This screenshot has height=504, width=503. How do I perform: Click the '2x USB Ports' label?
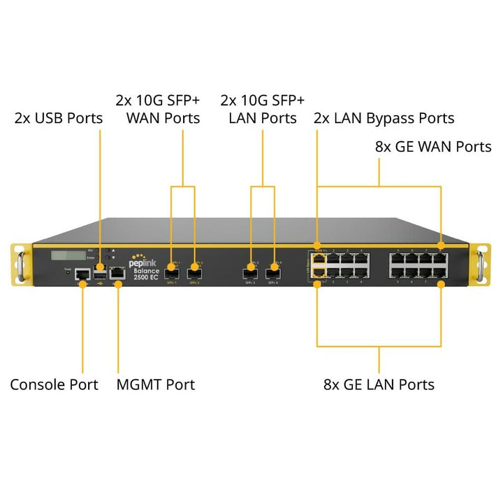click(x=59, y=118)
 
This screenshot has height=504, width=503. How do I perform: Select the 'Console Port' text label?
click(x=54, y=384)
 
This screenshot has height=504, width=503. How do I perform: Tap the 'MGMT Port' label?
click(x=155, y=384)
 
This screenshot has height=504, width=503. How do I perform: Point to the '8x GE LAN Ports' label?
click(x=379, y=384)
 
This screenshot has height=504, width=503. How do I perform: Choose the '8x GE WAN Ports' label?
click(x=433, y=147)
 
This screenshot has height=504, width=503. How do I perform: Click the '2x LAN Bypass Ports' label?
click(x=384, y=118)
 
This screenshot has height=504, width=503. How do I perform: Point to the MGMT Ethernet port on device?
click(x=117, y=273)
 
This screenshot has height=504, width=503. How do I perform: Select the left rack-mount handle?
click(x=20, y=264)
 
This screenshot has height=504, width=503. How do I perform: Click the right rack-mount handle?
click(x=481, y=264)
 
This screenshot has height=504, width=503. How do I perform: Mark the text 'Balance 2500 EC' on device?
click(x=147, y=273)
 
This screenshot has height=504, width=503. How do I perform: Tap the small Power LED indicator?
click(x=68, y=273)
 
